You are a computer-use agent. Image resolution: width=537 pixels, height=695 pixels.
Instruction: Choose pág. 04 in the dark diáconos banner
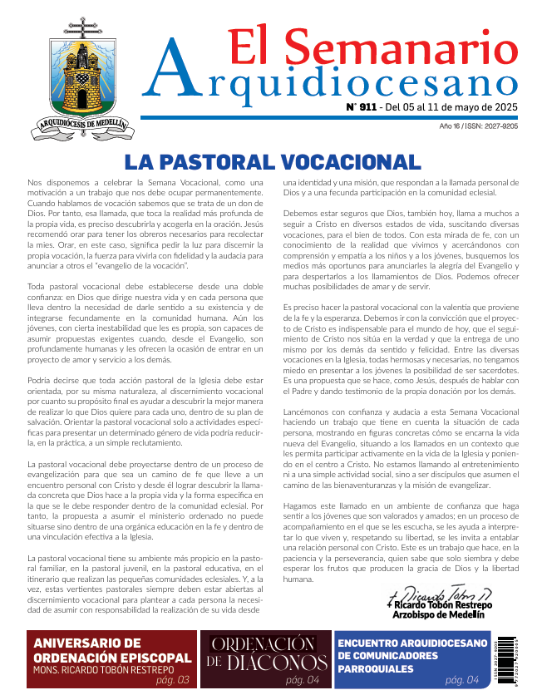point(302,680)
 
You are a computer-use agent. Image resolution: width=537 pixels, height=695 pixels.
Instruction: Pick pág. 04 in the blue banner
point(461,680)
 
